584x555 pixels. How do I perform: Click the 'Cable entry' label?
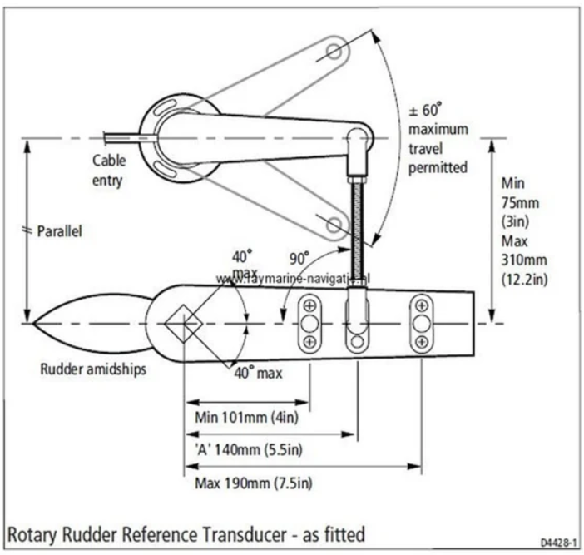pyautogui.click(x=109, y=169)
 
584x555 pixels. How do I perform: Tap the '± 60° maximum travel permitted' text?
pyautogui.click(x=438, y=138)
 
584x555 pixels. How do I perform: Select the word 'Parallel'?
pyautogui.click(x=60, y=232)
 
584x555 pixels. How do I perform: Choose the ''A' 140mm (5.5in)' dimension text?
pyautogui.click(x=247, y=449)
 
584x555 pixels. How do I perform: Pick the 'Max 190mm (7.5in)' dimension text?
pyautogui.click(x=253, y=483)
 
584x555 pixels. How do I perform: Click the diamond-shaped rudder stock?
pyautogui.click(x=182, y=324)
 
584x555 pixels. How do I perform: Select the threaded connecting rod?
pyautogui.click(x=359, y=225)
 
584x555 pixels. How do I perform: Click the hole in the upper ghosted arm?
pyautogui.click(x=334, y=52)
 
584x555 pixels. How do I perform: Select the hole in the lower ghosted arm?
pyautogui.click(x=334, y=223)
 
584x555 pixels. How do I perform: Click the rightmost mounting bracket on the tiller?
pyautogui.click(x=422, y=322)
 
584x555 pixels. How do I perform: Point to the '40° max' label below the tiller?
pyautogui.click(x=257, y=374)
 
